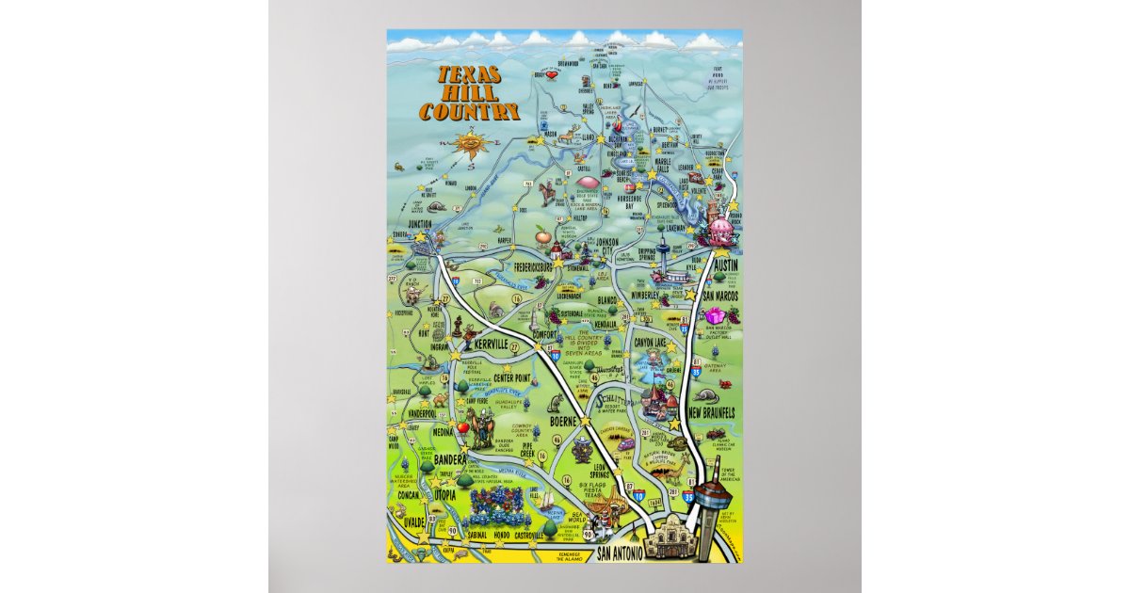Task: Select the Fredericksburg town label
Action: (532, 267)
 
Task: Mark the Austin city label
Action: (726, 265)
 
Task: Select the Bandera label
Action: (450, 459)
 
